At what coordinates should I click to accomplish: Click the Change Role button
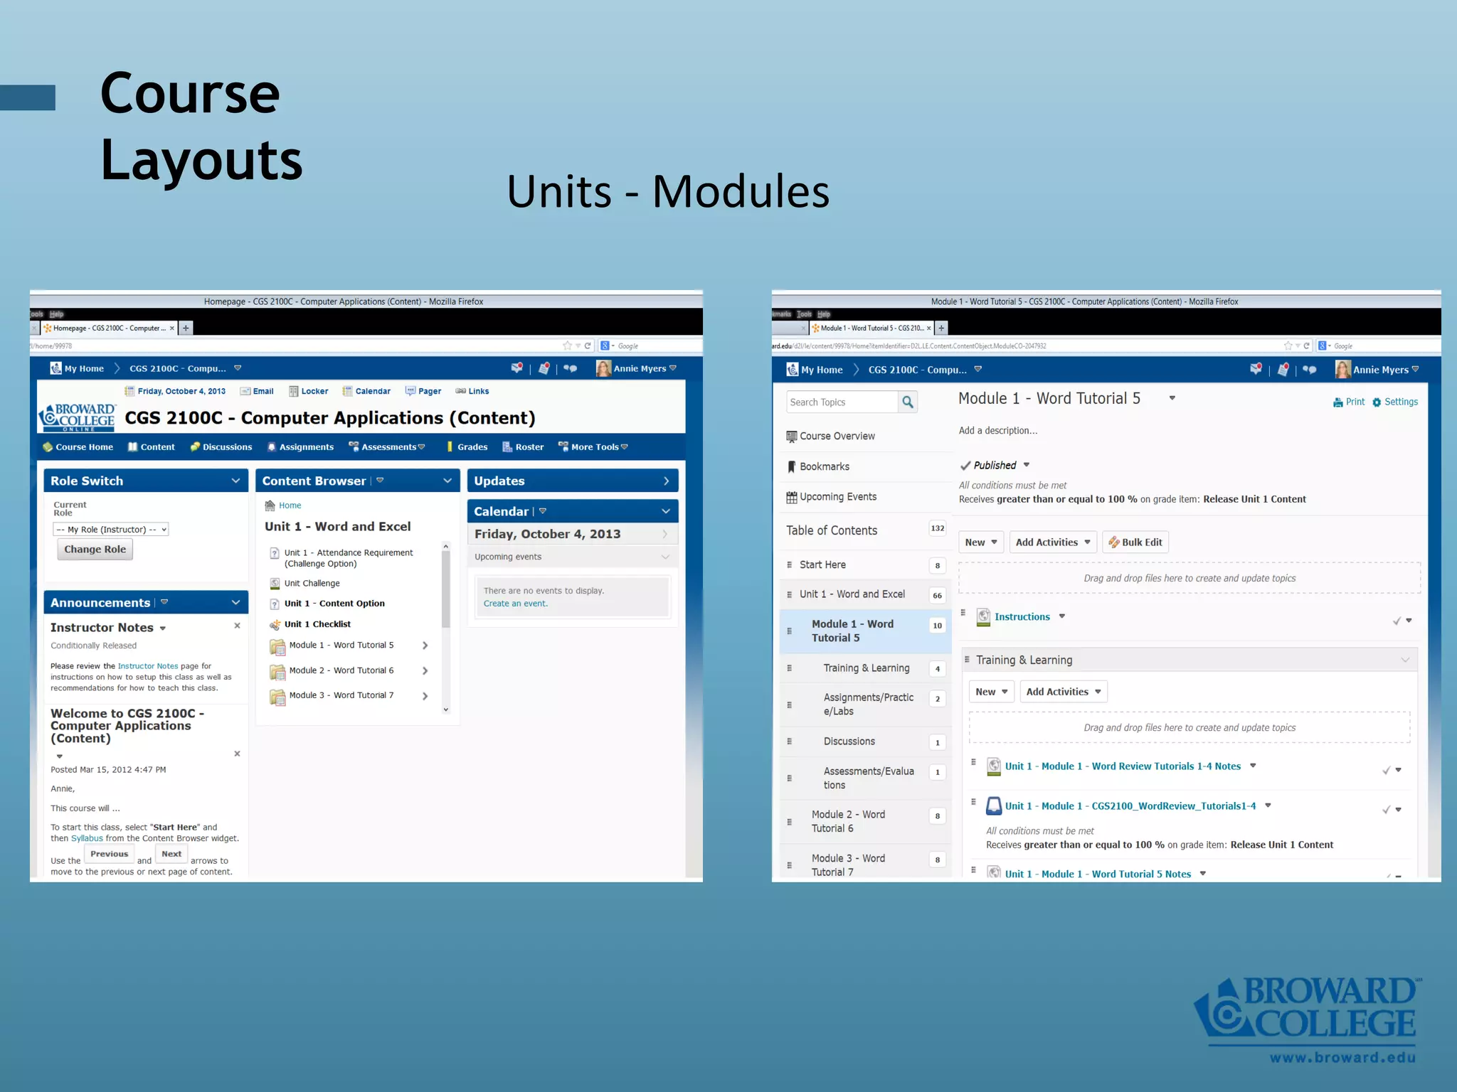[95, 549]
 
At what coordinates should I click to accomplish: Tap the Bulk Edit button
[1135, 542]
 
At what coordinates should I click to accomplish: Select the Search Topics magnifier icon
[907, 402]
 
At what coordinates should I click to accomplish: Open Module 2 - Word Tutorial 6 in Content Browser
[341, 670]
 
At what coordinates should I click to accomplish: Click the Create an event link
[515, 604]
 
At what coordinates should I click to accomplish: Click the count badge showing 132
[937, 528]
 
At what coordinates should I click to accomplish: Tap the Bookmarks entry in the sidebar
[824, 466]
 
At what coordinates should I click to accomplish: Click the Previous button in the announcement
[109, 854]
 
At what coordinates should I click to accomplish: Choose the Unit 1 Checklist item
[317, 624]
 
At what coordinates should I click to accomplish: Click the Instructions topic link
[1022, 616]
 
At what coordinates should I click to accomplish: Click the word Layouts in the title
[201, 160]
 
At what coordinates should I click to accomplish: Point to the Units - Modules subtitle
[668, 191]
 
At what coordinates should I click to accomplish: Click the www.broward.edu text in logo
[1342, 1057]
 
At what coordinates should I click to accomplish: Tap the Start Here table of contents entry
[822, 564]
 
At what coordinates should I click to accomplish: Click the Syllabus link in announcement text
[87, 838]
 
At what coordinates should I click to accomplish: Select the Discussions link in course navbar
[226, 446]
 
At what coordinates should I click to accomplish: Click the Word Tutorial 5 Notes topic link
[1098, 874]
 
